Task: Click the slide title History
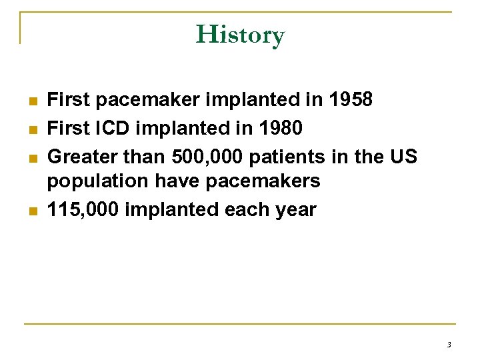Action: [x=240, y=34]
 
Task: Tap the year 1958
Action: [x=351, y=100]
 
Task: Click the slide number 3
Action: [x=449, y=345]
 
